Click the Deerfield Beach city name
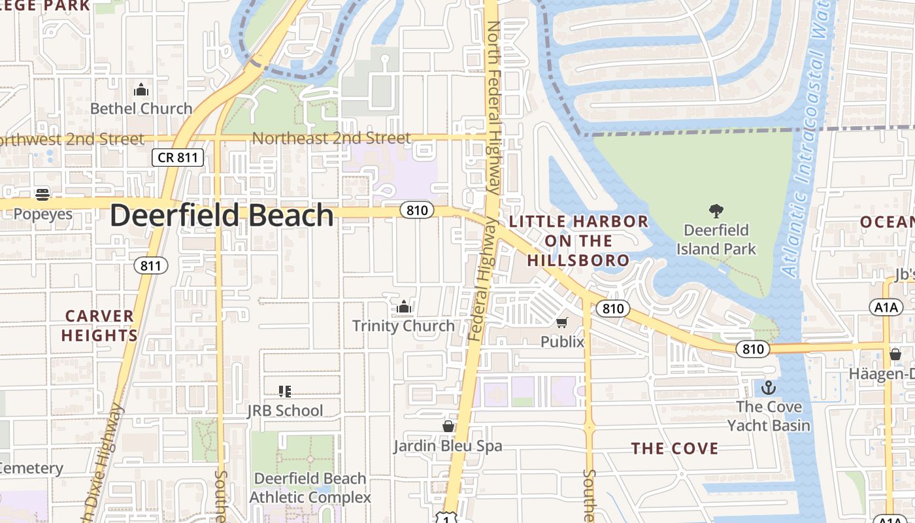tap(222, 216)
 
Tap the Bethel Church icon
tap(141, 90)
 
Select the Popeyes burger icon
tap(42, 194)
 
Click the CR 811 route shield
tap(178, 157)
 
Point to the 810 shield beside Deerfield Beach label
tap(417, 210)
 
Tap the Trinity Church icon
tap(404, 306)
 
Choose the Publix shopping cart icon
tap(562, 322)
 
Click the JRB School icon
tap(284, 392)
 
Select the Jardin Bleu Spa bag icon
tap(448, 426)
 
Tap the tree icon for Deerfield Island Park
tap(716, 211)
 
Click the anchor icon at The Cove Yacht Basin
tap(769, 387)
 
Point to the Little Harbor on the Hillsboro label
tap(578, 241)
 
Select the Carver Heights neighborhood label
tap(100, 326)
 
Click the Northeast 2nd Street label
tap(331, 138)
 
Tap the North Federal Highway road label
tap(493, 108)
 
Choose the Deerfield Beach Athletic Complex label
tap(310, 488)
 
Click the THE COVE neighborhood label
tap(674, 448)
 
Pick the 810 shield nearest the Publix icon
tap(612, 308)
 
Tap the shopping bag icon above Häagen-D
tap(895, 354)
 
